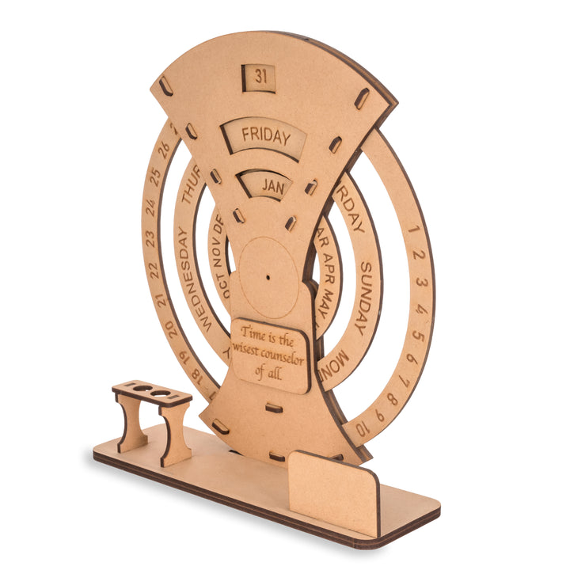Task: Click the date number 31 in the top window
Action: (261, 77)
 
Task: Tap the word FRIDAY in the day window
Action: (266, 135)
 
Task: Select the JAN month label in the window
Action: (273, 188)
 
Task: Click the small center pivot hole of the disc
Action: (268, 278)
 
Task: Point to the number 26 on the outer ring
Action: (164, 148)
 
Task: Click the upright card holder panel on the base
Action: (332, 491)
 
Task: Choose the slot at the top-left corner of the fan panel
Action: (164, 85)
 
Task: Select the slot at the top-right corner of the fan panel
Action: (362, 98)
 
